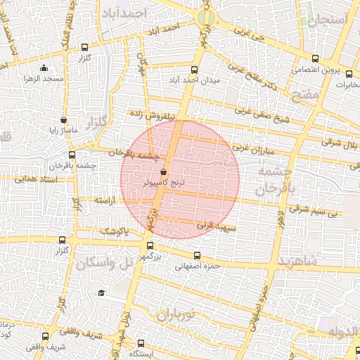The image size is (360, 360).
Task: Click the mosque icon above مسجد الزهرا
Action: pos(44,68)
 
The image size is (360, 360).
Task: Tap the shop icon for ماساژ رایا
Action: pos(64,120)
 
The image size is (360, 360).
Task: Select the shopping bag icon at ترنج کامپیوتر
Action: pos(163,171)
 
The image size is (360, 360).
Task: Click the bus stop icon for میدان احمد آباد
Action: pos(195,70)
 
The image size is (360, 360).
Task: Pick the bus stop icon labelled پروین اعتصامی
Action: pos(314,59)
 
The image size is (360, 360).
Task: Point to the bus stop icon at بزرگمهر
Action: pos(150,245)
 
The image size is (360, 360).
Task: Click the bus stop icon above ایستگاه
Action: pos(141,343)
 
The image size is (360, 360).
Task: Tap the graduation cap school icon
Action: pos(101,292)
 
